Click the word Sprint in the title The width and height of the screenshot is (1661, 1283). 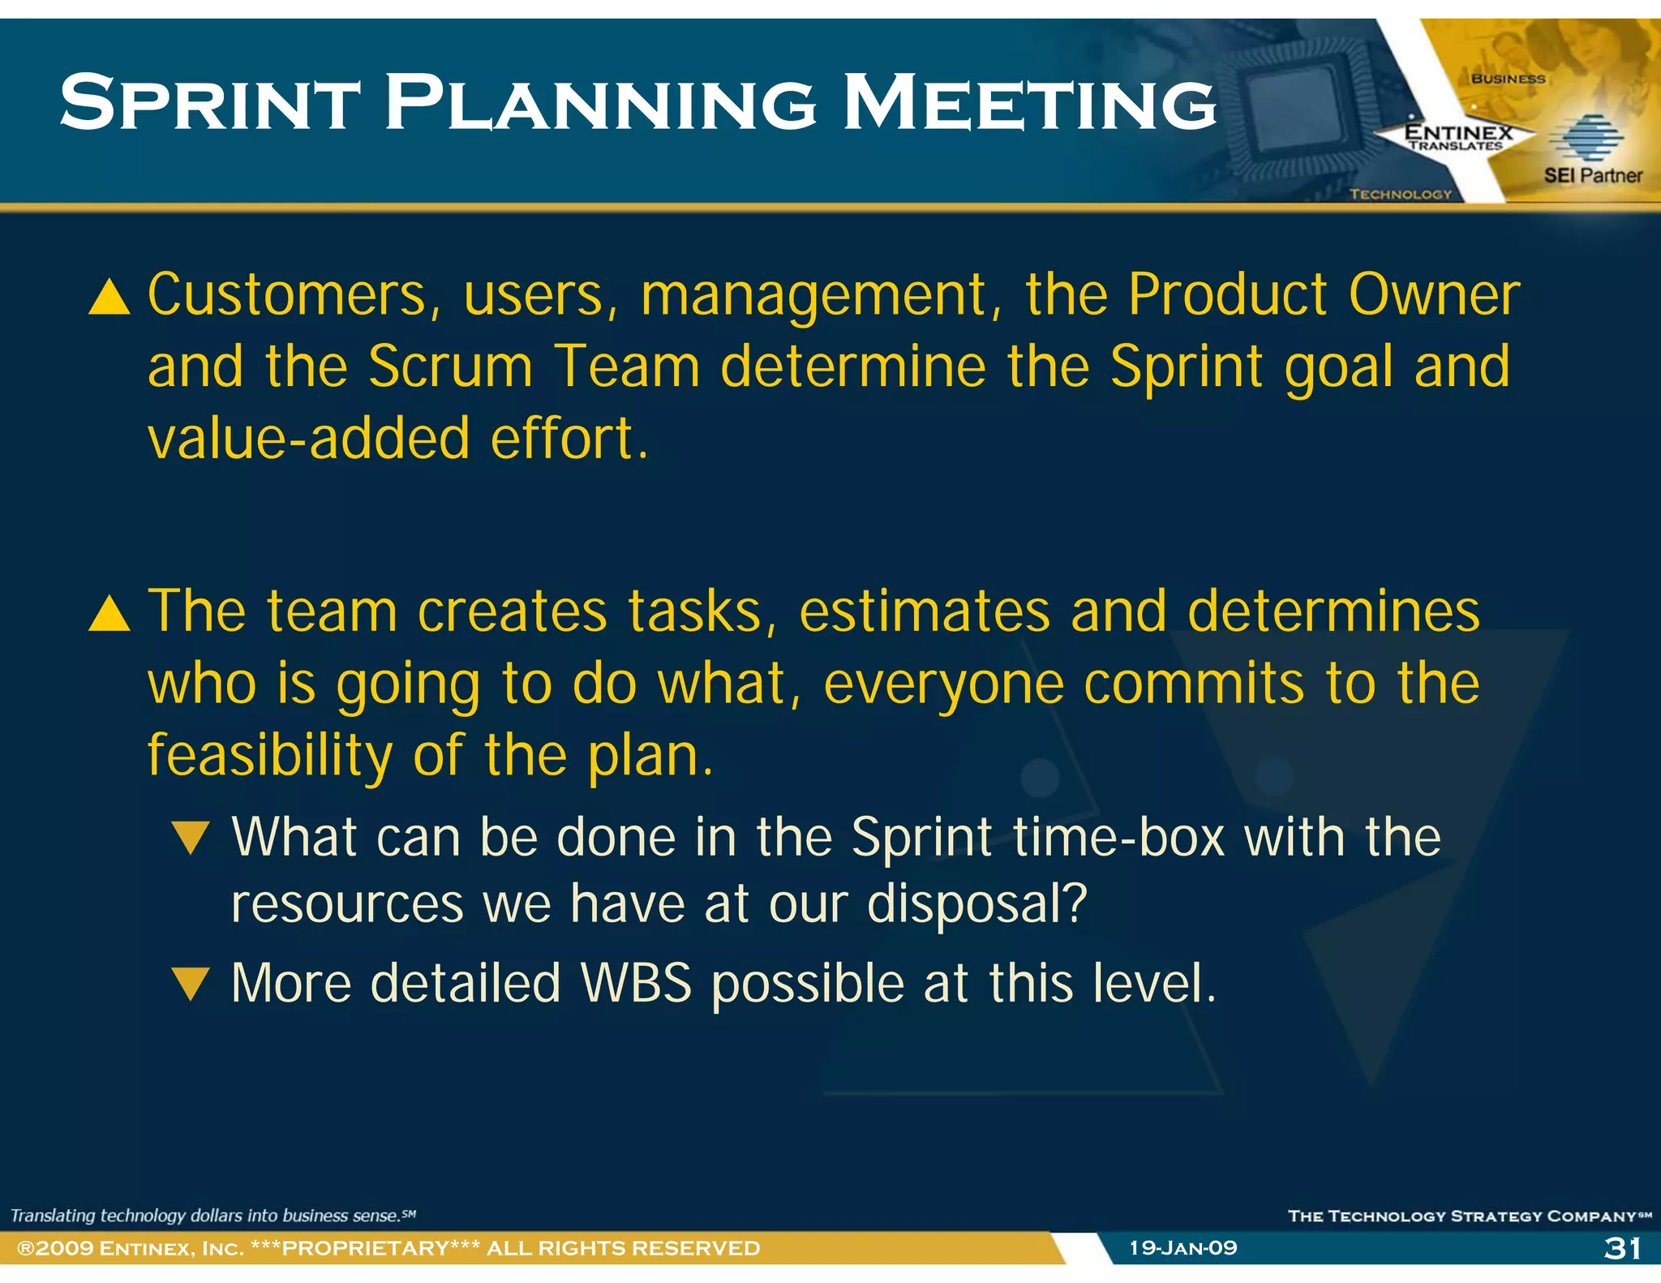click(209, 103)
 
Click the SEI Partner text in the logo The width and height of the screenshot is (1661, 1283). click(1592, 175)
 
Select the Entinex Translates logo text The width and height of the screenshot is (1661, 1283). click(1457, 137)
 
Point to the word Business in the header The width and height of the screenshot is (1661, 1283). click(1508, 79)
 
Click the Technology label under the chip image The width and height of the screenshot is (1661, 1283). click(1400, 194)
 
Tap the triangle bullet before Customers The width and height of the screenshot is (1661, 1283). click(109, 297)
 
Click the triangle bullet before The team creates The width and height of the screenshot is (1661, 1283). click(109, 614)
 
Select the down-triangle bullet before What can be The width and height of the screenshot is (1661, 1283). click(191, 838)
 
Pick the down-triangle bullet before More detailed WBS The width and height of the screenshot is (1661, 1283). click(191, 984)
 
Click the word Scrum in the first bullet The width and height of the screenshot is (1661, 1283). click(450, 367)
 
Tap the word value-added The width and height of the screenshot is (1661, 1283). click(308, 439)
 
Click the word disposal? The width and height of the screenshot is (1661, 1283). click(976, 903)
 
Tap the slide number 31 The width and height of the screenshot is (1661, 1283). click(1622, 1247)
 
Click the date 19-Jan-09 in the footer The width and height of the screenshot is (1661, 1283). click(1183, 1247)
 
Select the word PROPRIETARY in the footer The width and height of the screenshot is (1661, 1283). click(365, 1248)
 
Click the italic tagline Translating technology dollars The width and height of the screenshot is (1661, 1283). click(212, 1215)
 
